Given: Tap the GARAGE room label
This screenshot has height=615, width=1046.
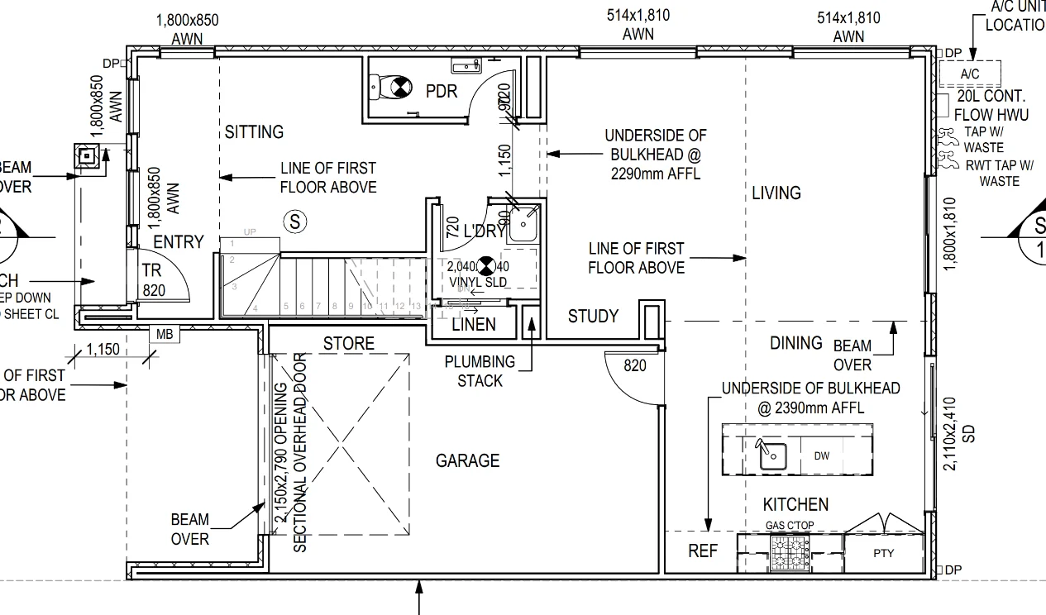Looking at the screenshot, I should point(467,460).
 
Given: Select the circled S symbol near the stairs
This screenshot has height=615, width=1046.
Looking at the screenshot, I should point(294,222).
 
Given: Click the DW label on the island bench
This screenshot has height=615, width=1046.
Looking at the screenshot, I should point(821,455).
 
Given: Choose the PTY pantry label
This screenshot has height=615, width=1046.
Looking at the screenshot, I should point(883,553).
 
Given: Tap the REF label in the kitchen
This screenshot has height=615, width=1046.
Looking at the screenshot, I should point(703,551).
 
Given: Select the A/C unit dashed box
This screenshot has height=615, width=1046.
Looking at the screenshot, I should point(969,74).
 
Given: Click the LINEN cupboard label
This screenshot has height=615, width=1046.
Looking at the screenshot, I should point(474,324).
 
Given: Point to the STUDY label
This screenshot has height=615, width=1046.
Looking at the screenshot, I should point(593,316).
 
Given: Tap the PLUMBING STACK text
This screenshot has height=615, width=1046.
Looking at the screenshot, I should point(480,371).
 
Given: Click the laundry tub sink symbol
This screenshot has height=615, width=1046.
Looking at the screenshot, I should point(524,222).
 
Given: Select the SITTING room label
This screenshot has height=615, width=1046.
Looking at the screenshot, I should point(254,131).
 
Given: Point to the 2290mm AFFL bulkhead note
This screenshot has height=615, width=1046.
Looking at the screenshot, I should point(655,155).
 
